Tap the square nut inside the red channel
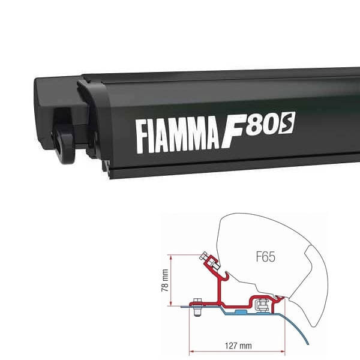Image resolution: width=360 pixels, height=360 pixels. point(262,304)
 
